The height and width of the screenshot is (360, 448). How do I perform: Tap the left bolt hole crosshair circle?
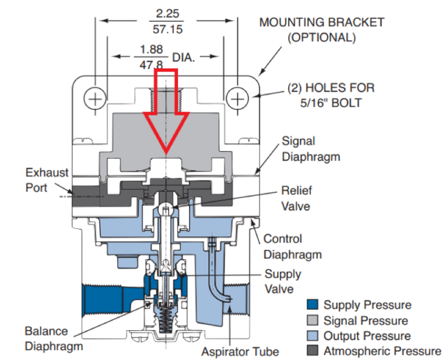coord(94,99)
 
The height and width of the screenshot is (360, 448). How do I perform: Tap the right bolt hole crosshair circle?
coord(237,99)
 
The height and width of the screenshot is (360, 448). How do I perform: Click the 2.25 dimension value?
coord(167,13)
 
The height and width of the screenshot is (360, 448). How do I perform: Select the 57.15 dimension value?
coord(167,28)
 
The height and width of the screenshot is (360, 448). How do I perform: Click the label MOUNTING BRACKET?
coord(321,22)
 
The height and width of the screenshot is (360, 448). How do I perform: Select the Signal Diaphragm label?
coord(306,149)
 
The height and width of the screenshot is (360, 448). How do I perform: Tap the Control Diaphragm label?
coord(292,246)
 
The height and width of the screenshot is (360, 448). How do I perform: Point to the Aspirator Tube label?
coord(240,351)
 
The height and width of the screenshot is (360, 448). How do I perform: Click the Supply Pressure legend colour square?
coord(313,305)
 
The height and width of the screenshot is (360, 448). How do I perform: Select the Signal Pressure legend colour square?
coord(313,320)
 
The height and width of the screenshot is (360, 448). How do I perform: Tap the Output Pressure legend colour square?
coord(313,335)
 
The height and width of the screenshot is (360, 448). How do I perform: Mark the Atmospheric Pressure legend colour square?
coord(313,351)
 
